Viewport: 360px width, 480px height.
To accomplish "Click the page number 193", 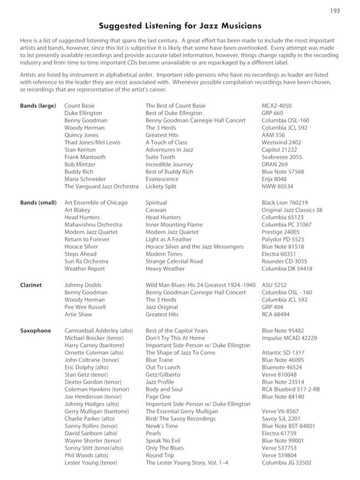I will click(x=334, y=11).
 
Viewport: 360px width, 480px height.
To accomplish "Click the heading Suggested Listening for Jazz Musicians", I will click(x=180, y=26).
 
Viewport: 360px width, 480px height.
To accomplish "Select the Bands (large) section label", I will click(x=38, y=106).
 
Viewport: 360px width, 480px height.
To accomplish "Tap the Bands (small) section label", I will click(x=38, y=203).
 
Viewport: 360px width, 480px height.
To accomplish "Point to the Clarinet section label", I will click(x=31, y=285).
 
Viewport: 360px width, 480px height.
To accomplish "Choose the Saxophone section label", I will click(x=36, y=331).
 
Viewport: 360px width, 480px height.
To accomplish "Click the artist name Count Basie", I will click(x=79, y=106).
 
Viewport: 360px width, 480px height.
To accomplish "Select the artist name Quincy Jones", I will click(x=81, y=135).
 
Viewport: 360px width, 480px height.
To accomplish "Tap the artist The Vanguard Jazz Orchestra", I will click(x=101, y=187).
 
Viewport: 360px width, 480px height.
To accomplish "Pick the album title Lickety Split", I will click(x=161, y=187).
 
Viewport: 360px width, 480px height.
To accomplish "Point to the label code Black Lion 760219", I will click(x=284, y=203).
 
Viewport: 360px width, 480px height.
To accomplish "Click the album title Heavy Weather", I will click(x=165, y=269).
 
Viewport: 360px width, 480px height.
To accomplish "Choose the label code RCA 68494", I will click(x=276, y=314).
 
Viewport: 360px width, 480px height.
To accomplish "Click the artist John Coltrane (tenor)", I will click(x=93, y=360).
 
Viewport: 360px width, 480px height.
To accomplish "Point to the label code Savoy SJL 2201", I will click(x=281, y=419).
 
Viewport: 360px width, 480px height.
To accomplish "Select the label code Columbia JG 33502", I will click(x=287, y=463).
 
